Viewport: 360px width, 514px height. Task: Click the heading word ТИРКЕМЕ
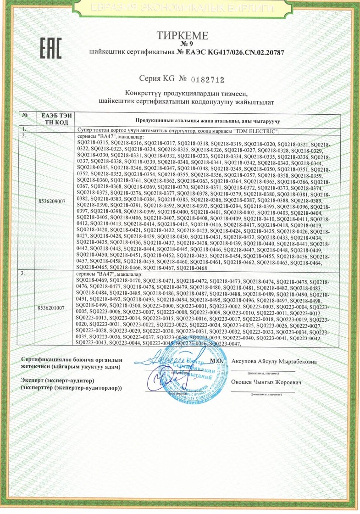pos(183,35)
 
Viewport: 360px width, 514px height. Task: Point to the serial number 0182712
pos(205,80)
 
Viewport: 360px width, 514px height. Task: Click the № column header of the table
pos(27,116)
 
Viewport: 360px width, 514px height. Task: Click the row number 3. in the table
pos(26,274)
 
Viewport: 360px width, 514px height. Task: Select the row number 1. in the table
pos(26,132)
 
